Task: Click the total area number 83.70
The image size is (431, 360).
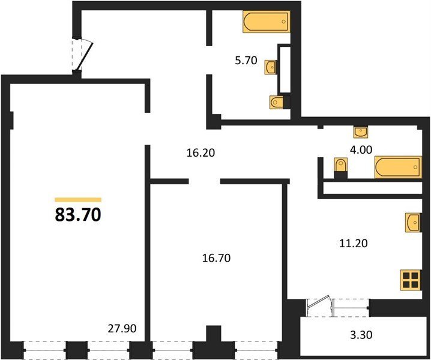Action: coord(78,215)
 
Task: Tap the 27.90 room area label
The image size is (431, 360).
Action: coord(122,328)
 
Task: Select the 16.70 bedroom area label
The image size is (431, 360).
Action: coord(216,258)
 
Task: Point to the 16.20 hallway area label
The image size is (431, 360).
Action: coord(200,153)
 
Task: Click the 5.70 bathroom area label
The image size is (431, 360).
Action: coord(246,60)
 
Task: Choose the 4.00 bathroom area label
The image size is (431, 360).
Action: coord(361,150)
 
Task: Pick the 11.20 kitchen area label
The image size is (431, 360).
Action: coord(354,243)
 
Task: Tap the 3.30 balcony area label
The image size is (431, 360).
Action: coord(361,335)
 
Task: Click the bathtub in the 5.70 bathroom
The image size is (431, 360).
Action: coord(267,22)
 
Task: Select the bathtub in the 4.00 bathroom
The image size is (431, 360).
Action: coord(399,167)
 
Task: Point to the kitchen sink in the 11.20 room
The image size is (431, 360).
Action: coord(413,223)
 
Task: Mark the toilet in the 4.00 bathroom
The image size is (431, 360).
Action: coord(341,168)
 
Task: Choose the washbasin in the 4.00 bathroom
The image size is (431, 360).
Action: coord(361,133)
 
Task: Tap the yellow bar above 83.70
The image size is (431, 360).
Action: coord(78,200)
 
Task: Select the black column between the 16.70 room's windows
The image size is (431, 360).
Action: coord(214,343)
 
